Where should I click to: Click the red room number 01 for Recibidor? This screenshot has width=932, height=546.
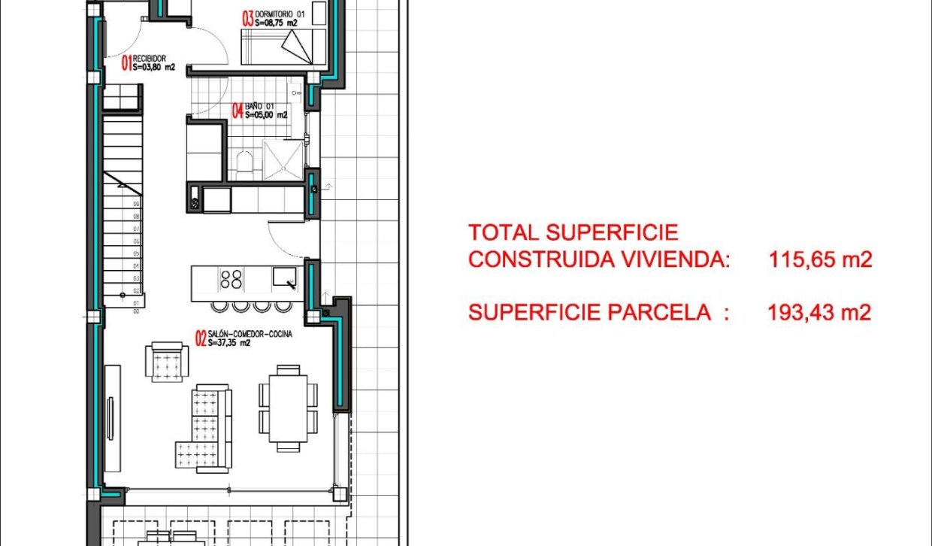coord(126,62)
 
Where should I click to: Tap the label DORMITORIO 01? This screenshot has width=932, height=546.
coord(280,14)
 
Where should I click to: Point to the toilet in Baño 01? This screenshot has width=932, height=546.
coord(244,164)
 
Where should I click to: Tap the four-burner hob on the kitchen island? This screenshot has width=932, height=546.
coord(231,279)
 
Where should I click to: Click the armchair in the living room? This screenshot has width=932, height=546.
coord(166,362)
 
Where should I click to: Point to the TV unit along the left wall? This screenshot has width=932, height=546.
coord(111,414)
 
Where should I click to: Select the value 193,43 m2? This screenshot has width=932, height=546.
coord(819,313)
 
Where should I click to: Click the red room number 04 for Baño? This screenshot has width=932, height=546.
coord(238,111)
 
